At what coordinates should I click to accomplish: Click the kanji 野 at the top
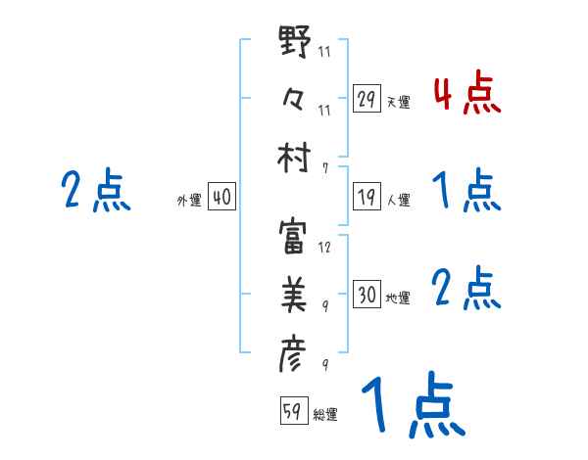pyautogui.click(x=296, y=42)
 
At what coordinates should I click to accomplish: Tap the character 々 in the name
pyautogui.click(x=295, y=99)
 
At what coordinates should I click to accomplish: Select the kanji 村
pyautogui.click(x=296, y=157)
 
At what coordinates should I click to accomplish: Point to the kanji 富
pyautogui.click(x=296, y=235)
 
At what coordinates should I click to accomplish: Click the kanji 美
pyautogui.click(x=296, y=293)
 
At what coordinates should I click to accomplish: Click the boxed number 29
pyautogui.click(x=367, y=99)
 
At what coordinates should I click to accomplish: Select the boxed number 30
pyautogui.click(x=367, y=294)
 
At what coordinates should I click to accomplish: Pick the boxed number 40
pyautogui.click(x=221, y=198)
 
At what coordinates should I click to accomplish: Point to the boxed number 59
pyautogui.click(x=292, y=411)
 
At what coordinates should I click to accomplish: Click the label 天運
pyautogui.click(x=399, y=102)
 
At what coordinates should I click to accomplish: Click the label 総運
pyautogui.click(x=325, y=415)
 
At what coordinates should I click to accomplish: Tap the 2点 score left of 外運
pyautogui.click(x=96, y=190)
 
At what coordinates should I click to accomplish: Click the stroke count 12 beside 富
pyautogui.click(x=324, y=248)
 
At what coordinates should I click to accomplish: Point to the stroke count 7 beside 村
pyautogui.click(x=324, y=167)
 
